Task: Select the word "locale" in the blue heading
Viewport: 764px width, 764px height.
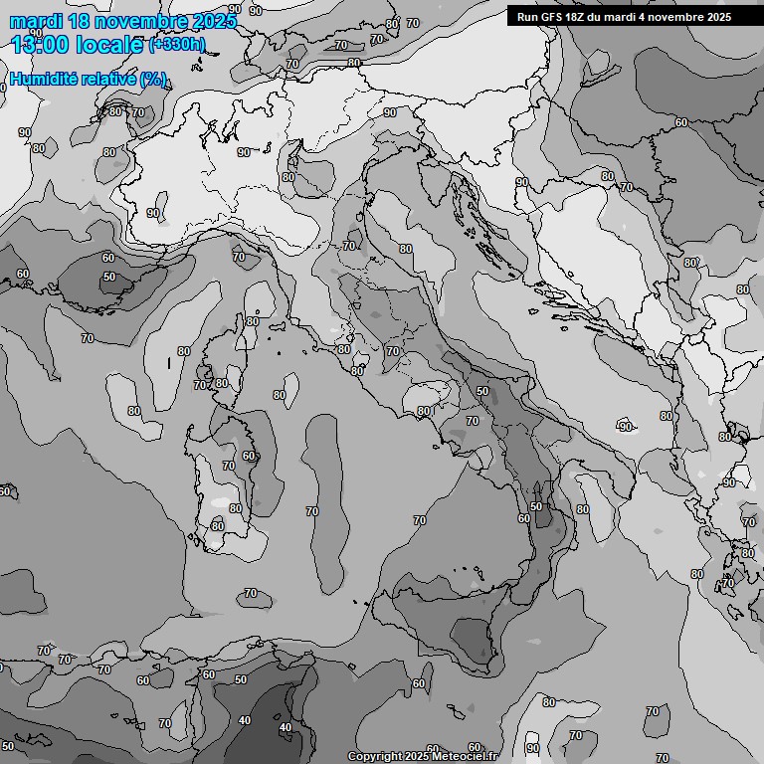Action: (x=109, y=45)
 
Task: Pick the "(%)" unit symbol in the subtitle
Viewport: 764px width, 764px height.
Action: (x=152, y=80)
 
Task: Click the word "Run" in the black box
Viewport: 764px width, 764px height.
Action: (x=528, y=17)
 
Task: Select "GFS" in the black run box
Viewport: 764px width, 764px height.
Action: (x=554, y=17)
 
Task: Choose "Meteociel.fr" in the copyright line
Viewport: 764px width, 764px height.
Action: (x=474, y=756)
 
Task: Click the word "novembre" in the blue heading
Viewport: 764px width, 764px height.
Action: (x=135, y=22)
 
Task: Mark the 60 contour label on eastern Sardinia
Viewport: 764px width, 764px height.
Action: (x=249, y=457)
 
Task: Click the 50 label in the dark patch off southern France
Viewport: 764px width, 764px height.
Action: (x=109, y=277)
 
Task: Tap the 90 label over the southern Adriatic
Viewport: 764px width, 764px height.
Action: (x=626, y=427)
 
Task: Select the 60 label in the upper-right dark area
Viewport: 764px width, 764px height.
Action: (x=681, y=123)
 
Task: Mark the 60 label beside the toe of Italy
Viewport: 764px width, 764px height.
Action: (x=523, y=518)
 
